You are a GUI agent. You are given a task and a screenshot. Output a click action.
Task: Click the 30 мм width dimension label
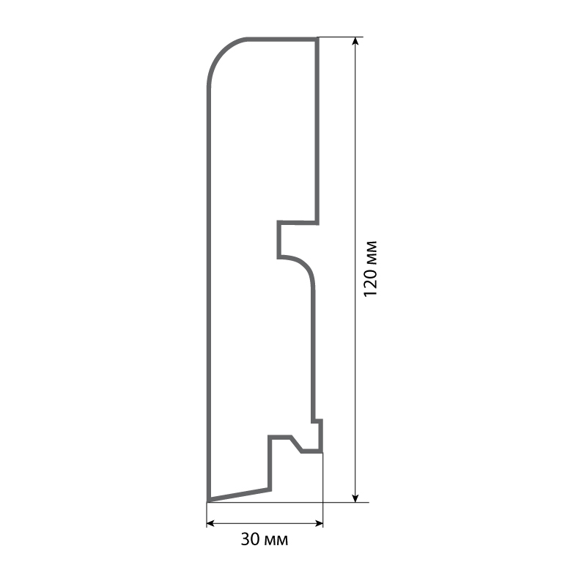(265, 541)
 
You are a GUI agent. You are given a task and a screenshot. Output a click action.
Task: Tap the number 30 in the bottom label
(250, 541)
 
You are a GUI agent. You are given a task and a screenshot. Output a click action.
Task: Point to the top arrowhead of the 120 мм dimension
(355, 42)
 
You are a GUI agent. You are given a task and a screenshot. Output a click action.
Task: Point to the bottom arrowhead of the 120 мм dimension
(355, 498)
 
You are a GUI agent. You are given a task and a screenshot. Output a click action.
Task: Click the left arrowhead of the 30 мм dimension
(210, 523)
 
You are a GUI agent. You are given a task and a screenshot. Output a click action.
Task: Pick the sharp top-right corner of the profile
(317, 39)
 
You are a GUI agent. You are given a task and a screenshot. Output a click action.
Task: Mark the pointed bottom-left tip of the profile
(210, 500)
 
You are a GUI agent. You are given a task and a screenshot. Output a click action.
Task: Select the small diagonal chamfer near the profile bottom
(296, 444)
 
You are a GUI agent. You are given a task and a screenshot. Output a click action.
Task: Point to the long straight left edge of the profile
(209, 293)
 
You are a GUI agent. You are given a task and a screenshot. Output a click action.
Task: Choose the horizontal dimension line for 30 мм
(265, 523)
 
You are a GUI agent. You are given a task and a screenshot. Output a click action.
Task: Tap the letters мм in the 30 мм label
(276, 541)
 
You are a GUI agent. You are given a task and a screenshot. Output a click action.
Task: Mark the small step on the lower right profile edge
(317, 421)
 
